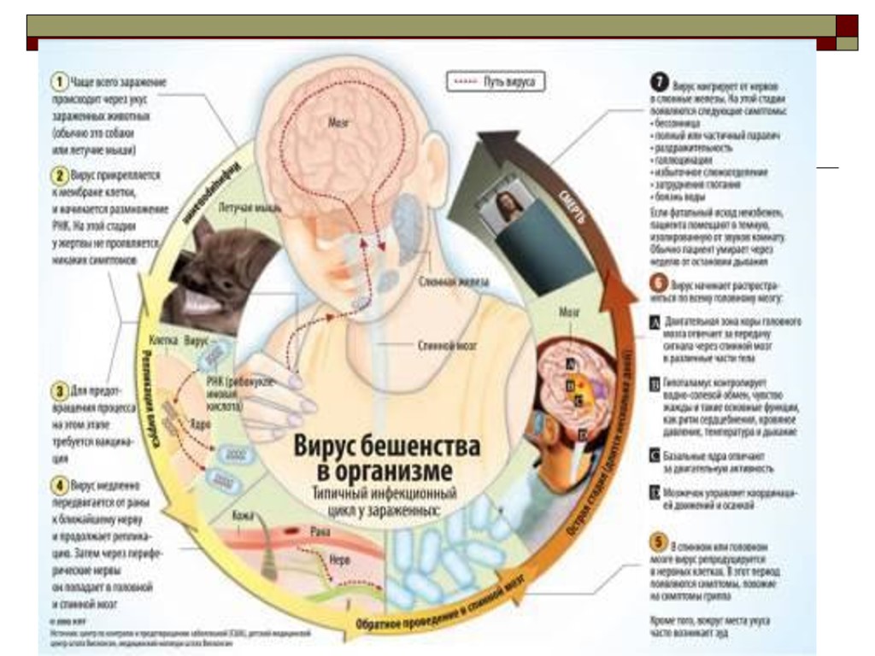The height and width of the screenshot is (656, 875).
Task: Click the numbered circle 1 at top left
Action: (x=59, y=82)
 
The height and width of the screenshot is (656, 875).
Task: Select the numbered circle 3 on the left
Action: (x=59, y=392)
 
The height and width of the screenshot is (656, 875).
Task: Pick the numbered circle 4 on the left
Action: (x=59, y=484)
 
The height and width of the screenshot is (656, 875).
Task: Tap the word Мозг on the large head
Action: (x=338, y=122)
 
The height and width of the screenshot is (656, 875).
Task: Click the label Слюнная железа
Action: (x=454, y=281)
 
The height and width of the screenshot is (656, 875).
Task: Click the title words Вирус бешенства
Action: (x=387, y=447)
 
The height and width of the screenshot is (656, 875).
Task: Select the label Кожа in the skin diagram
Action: (x=244, y=518)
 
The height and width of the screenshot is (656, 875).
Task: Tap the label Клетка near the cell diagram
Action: (x=163, y=339)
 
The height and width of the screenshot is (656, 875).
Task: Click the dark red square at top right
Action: (x=846, y=25)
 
